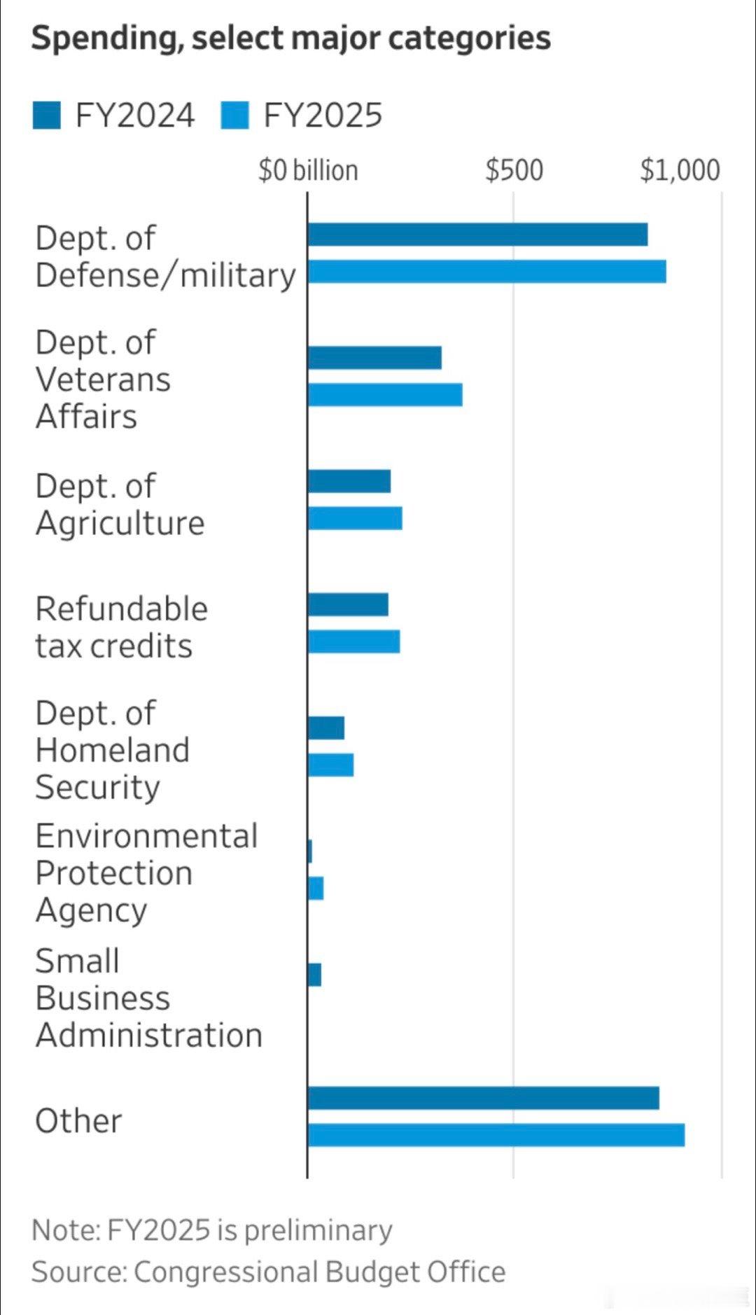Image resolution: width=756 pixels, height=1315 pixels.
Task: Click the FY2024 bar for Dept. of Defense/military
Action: click(477, 235)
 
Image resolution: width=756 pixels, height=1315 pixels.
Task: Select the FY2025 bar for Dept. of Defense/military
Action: click(486, 272)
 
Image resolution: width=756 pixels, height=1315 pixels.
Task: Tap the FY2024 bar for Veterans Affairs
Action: click(374, 358)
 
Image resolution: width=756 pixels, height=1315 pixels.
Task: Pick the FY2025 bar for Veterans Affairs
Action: click(385, 395)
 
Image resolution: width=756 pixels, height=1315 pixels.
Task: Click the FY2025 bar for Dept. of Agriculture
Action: click(355, 518)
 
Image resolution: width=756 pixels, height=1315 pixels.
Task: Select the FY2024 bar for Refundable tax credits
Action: click(348, 605)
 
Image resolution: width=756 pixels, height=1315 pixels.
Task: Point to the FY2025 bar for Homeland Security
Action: click(330, 765)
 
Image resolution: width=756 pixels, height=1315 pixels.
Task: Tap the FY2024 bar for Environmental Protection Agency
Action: click(309, 851)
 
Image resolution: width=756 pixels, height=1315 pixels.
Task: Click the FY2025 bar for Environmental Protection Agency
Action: click(316, 888)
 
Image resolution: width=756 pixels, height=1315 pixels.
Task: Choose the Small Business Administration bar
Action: click(314, 975)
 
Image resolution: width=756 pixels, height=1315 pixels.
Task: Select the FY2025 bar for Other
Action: click(496, 1135)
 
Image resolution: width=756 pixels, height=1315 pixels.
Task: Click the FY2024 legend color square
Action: click(46, 116)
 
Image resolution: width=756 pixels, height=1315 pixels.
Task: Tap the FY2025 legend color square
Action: click(234, 116)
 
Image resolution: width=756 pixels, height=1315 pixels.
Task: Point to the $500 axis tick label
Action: click(514, 171)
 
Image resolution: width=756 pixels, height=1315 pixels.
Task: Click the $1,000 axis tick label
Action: click(680, 171)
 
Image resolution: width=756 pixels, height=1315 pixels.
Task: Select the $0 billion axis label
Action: click(308, 171)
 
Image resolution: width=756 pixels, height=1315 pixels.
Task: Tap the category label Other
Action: click(78, 1121)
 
